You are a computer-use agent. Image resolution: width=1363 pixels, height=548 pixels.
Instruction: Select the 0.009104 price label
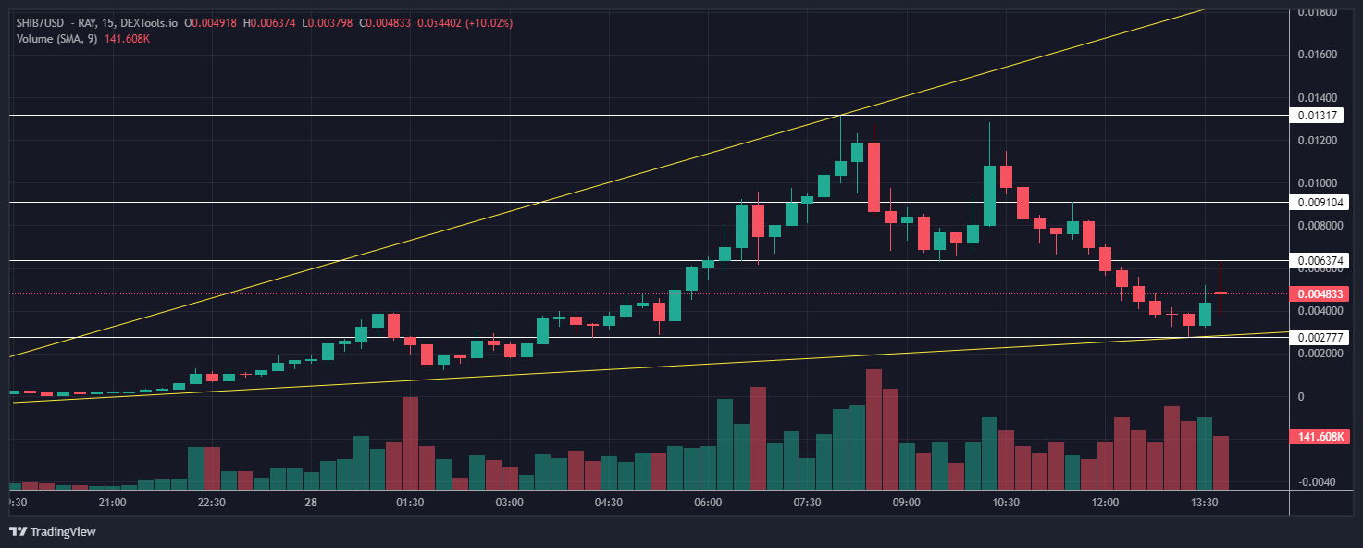1318,202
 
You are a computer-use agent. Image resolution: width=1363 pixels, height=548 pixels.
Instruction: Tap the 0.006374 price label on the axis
1318,261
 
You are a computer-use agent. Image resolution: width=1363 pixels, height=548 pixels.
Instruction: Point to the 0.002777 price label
1318,338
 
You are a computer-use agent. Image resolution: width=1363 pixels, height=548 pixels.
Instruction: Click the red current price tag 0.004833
1320,294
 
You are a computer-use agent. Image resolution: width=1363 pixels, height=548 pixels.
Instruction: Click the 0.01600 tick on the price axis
1318,55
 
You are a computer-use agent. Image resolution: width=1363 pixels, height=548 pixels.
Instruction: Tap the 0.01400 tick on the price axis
1318,97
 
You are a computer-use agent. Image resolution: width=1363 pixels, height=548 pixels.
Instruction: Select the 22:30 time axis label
211,503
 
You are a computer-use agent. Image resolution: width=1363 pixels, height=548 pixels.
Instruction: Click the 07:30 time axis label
807,503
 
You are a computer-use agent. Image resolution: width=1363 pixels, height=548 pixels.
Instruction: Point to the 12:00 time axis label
1105,503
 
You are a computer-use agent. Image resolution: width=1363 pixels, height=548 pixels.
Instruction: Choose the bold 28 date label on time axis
311,503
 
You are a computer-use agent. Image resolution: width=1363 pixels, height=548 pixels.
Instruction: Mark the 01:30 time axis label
409,503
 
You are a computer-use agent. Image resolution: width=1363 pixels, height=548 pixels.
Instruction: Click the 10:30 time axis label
1005,503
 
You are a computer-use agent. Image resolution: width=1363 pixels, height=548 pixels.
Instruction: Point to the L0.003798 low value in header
327,22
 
